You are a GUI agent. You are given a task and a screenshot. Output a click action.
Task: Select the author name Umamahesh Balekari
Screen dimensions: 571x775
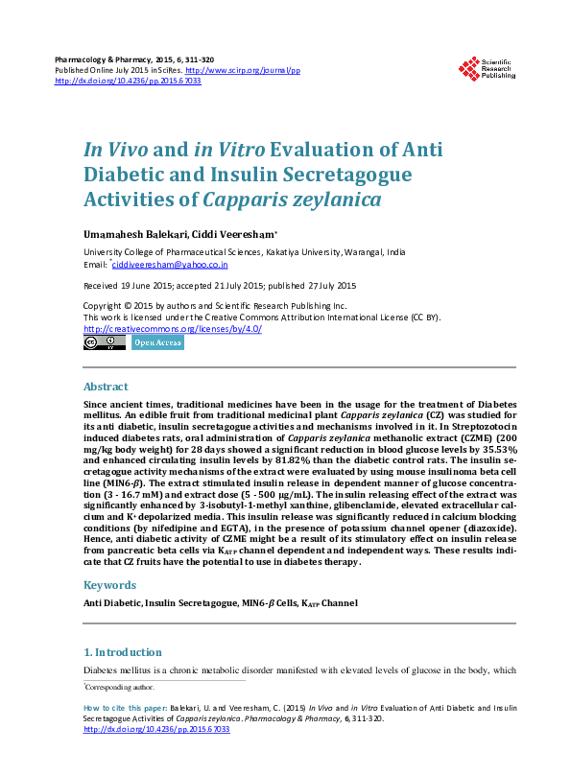tap(124, 233)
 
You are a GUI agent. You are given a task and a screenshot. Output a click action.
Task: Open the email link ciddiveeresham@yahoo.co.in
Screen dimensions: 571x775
tap(171, 264)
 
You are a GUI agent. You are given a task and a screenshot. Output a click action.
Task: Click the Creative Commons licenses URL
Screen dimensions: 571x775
tap(172, 328)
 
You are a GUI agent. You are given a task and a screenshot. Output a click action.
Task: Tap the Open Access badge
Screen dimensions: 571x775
tap(157, 342)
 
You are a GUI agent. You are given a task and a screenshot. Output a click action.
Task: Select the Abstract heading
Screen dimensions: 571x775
tap(106, 387)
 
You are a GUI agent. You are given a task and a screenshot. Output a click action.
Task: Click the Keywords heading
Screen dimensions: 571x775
tap(109, 584)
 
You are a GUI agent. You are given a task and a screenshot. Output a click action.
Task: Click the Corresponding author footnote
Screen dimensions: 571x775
tap(119, 687)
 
